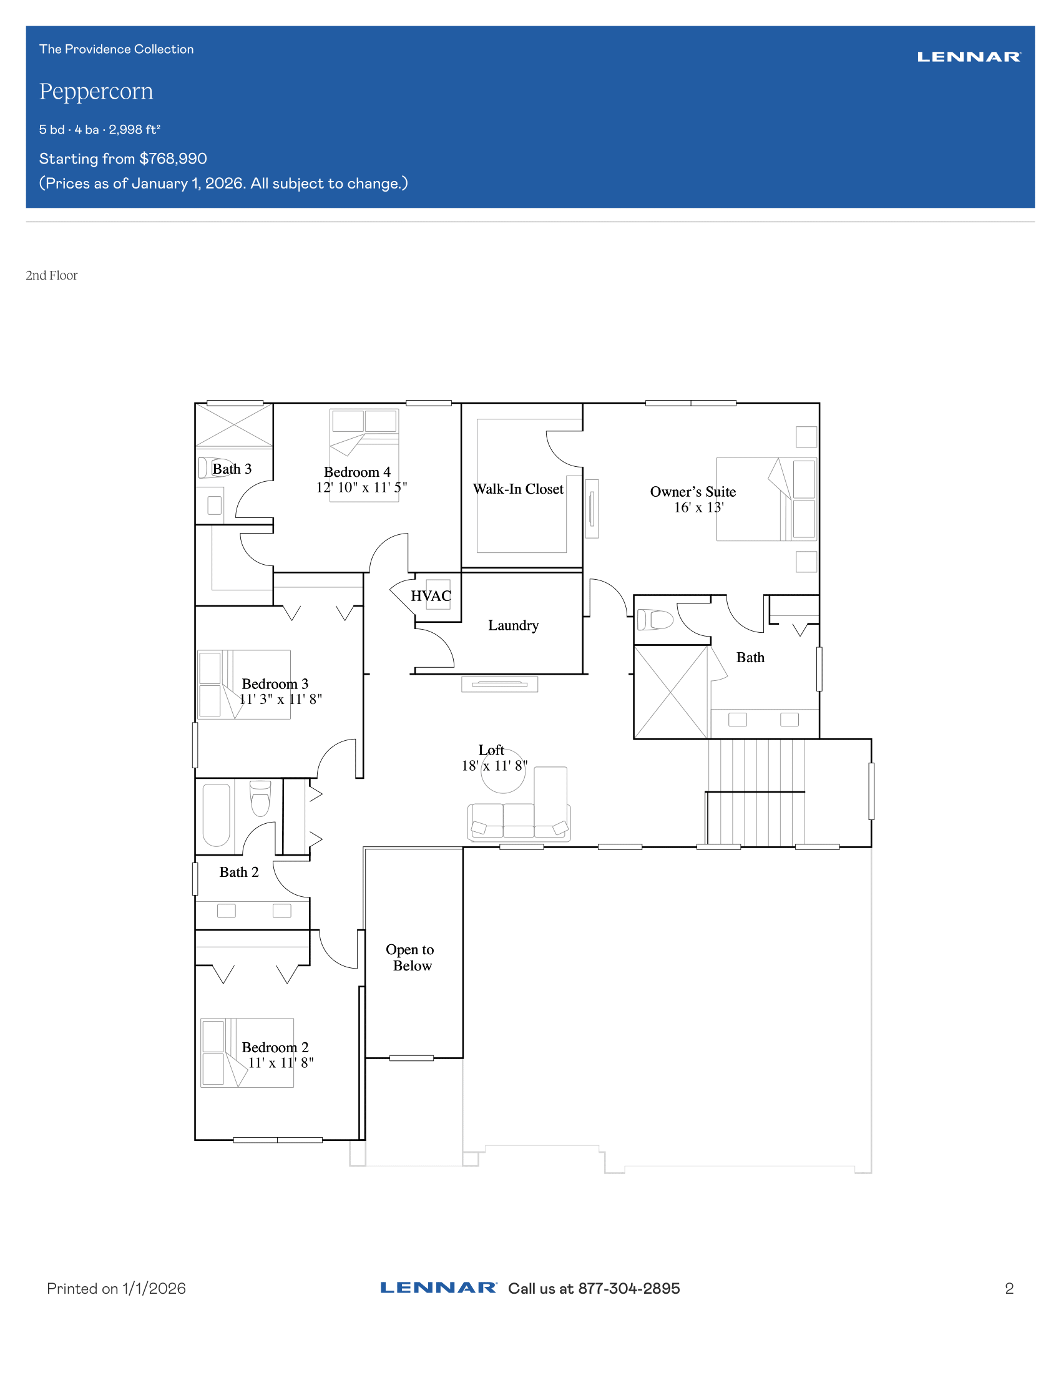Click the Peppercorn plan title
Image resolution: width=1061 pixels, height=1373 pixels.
(96, 92)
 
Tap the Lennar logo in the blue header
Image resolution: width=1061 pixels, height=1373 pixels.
(969, 57)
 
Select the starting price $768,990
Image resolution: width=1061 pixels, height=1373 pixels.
(173, 159)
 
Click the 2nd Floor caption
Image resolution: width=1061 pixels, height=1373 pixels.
(52, 275)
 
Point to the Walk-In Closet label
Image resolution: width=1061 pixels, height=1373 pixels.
(518, 489)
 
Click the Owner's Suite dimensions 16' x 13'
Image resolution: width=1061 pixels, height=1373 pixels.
(699, 507)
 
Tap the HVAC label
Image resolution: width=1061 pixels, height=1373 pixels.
(431, 596)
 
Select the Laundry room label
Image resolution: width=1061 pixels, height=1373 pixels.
(514, 625)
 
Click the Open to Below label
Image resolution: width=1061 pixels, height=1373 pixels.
(410, 957)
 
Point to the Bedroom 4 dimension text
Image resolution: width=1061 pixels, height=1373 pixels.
(361, 487)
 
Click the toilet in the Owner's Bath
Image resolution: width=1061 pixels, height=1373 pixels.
(655, 620)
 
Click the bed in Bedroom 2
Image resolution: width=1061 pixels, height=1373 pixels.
(247, 1052)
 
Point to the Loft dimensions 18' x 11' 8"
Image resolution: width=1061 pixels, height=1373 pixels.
(495, 766)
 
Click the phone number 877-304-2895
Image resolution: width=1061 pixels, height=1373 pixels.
(628, 1289)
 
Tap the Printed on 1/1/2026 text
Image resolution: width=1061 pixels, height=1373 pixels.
(116, 1289)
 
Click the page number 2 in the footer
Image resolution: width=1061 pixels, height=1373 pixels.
(1009, 1289)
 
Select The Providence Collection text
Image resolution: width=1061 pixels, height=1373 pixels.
(116, 49)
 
